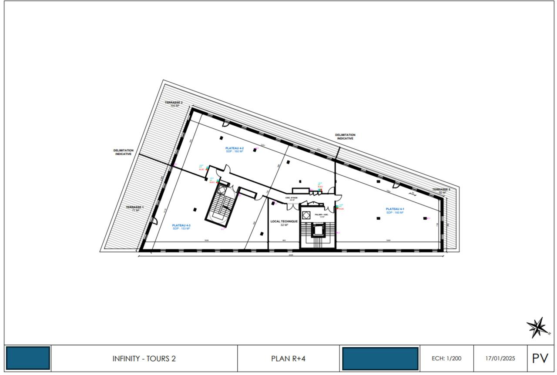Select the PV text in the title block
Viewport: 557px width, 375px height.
[x=540, y=358]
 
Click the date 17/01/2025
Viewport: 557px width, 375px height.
[x=500, y=359]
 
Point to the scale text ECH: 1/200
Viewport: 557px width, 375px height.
[x=446, y=359]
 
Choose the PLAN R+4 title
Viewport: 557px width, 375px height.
[x=288, y=359]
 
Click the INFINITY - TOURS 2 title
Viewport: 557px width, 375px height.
[x=144, y=359]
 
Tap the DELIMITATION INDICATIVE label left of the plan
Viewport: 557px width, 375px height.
[x=124, y=152]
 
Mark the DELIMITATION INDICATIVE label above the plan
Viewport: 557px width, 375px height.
[x=345, y=137]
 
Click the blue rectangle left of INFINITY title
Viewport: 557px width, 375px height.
[x=28, y=358]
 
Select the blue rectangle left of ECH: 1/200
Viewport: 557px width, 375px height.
[x=380, y=358]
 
